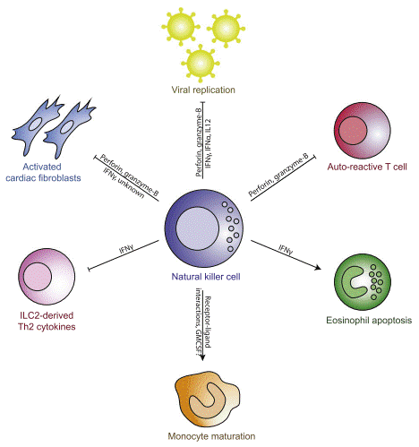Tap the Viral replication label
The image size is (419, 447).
tap(208, 90)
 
